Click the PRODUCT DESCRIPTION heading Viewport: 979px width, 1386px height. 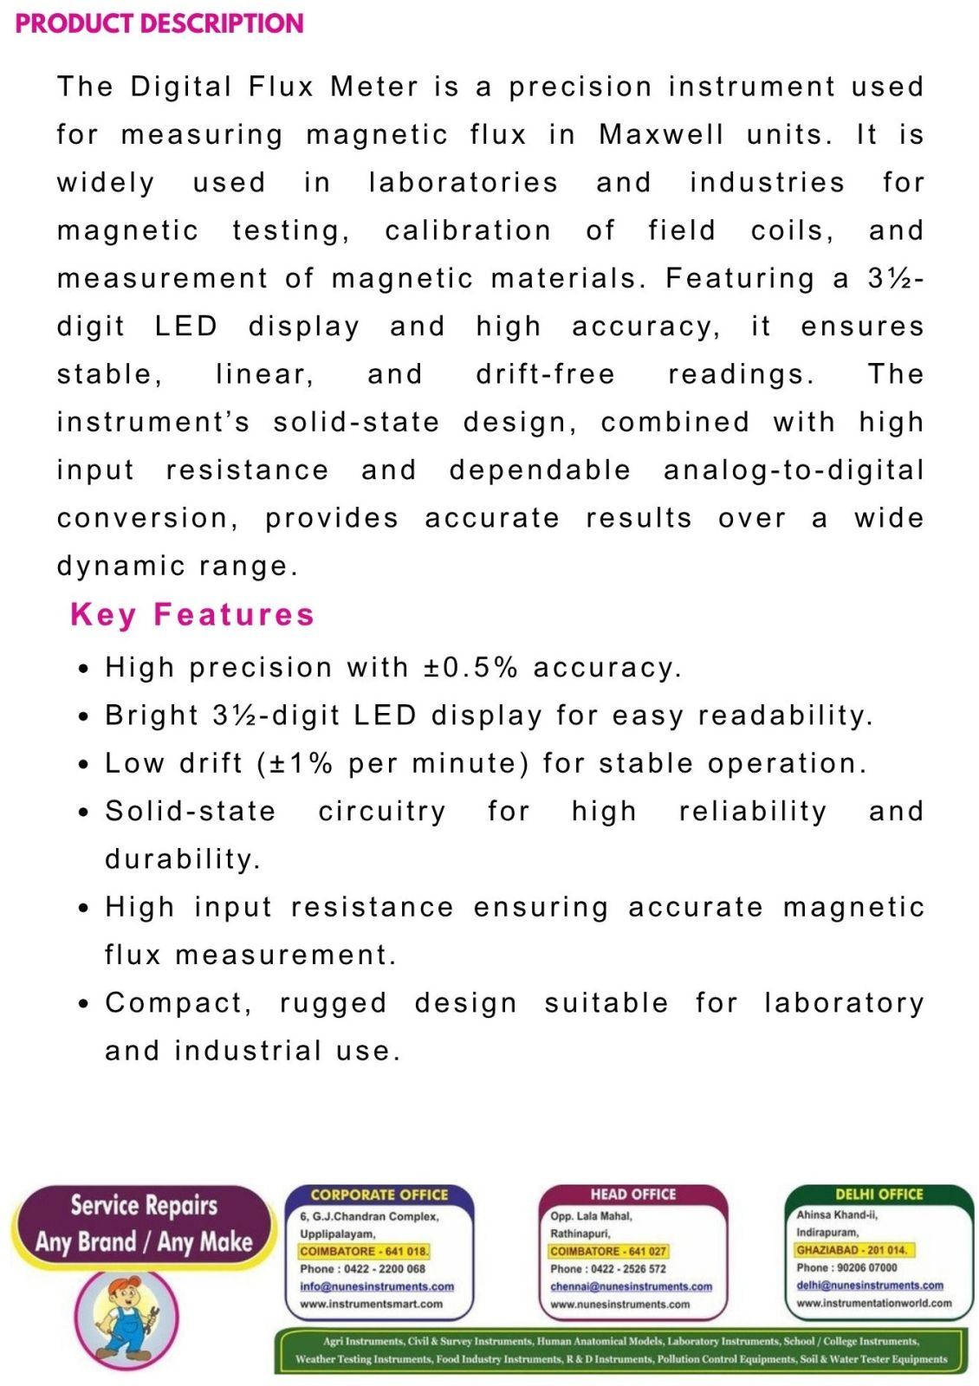(x=159, y=23)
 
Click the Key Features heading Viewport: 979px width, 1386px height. (x=191, y=614)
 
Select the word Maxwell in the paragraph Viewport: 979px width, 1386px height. (x=661, y=134)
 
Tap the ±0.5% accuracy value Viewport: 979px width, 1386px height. (x=470, y=667)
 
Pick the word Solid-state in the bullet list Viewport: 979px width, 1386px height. (x=190, y=811)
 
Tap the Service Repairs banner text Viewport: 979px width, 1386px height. (x=144, y=1205)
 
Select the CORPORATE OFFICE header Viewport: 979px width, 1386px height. (x=379, y=1195)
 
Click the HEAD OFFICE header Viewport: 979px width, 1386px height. (x=633, y=1195)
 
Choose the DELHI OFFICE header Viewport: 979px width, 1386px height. (x=879, y=1194)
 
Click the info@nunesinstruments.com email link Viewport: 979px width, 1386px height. (x=377, y=1286)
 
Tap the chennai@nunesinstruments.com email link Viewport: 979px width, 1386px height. (x=631, y=1286)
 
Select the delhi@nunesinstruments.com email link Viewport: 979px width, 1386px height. (x=870, y=1286)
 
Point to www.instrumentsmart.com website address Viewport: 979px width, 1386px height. (x=371, y=1304)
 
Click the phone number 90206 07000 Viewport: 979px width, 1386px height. (x=866, y=1267)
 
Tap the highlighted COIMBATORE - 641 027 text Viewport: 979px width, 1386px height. (x=608, y=1251)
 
